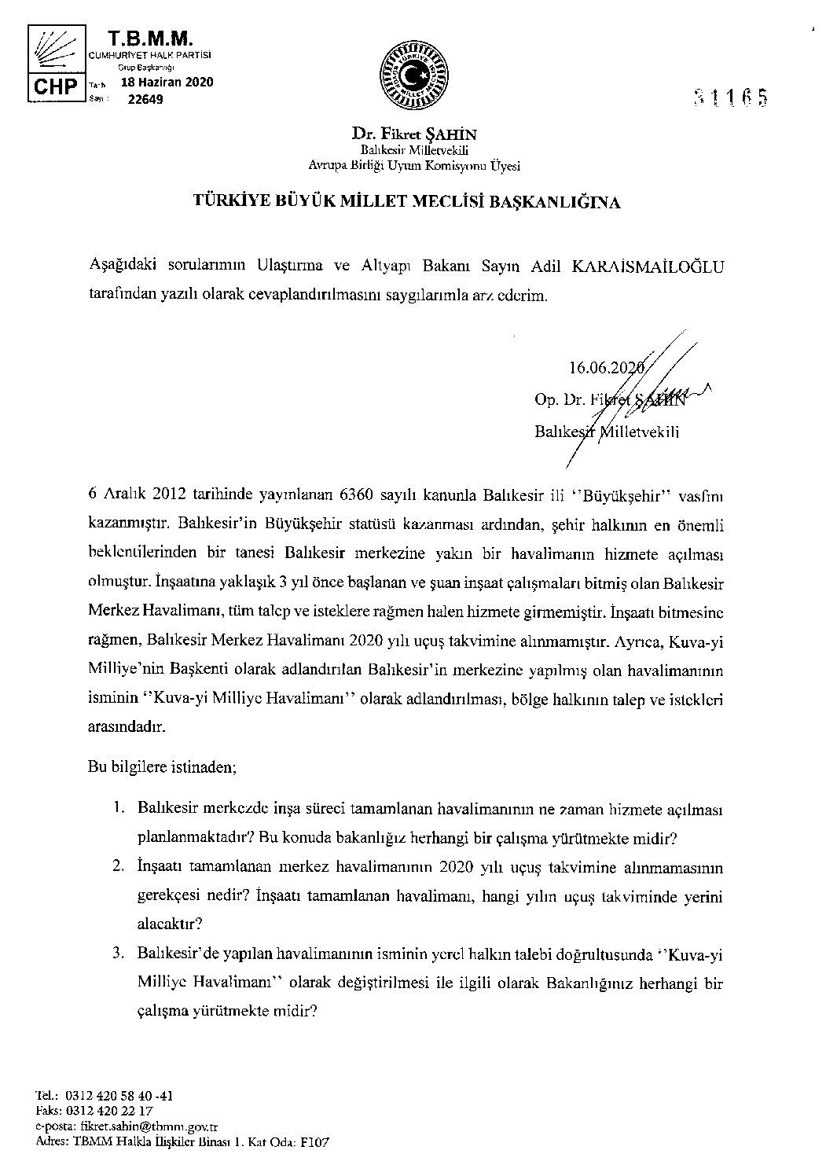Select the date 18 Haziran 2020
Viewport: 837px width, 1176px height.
tap(167, 82)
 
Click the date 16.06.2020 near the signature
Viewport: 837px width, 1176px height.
tap(604, 366)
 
